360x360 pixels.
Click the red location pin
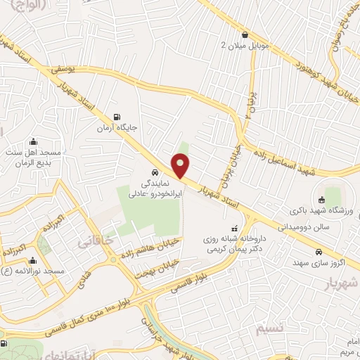(181, 166)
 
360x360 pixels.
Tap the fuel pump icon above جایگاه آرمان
(117, 117)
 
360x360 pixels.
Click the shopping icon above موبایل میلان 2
(244, 34)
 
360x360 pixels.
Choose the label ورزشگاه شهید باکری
(319, 210)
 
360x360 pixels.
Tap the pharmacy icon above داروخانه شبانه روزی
(234, 228)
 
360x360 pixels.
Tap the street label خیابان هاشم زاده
(147, 247)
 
